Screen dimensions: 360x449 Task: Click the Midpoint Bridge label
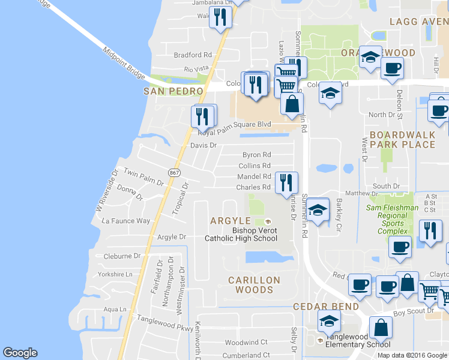(x=124, y=62)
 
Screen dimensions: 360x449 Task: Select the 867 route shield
(x=175, y=172)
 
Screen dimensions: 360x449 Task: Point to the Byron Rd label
(x=257, y=155)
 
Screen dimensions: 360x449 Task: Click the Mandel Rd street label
(x=254, y=176)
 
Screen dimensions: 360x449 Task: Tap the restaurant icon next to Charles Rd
(x=286, y=182)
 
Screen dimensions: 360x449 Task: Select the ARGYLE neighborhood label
(x=230, y=221)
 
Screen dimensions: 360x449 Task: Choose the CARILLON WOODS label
(x=254, y=285)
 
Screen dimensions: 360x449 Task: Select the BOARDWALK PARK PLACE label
(x=402, y=140)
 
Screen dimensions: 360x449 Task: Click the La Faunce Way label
(x=126, y=221)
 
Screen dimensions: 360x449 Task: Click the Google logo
(x=20, y=353)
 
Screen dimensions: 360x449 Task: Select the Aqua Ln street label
(x=116, y=309)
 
